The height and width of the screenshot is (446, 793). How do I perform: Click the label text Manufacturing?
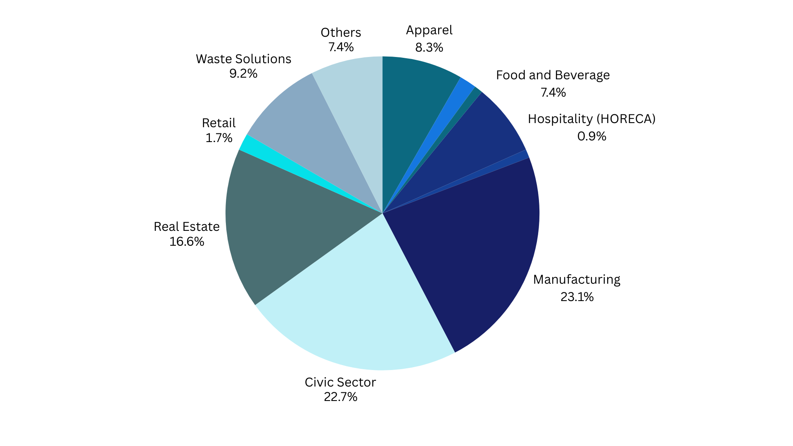click(577, 280)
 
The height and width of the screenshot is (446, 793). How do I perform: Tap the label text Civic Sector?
click(340, 382)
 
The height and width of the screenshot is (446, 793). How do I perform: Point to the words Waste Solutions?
click(243, 59)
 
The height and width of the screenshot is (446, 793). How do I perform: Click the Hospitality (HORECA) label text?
click(591, 119)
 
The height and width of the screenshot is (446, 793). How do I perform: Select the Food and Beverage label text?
click(553, 75)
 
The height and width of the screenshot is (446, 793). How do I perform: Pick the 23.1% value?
click(577, 297)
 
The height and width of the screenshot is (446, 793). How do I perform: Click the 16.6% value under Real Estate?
click(187, 242)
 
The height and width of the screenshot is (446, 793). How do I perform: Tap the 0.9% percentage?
click(591, 136)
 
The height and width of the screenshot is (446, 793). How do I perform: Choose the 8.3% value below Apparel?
click(429, 47)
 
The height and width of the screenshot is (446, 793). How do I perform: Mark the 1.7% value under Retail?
click(219, 138)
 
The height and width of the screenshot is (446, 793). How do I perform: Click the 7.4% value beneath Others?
click(341, 47)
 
